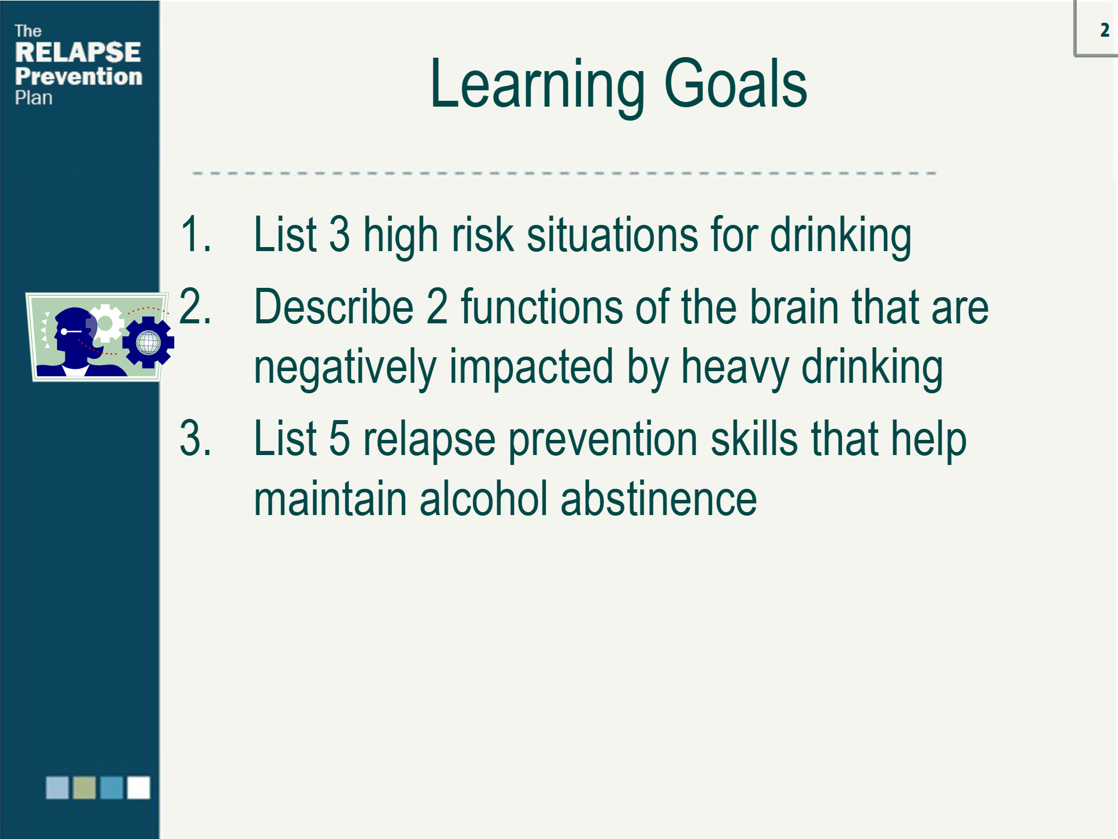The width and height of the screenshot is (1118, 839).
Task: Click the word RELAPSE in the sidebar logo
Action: coord(77,52)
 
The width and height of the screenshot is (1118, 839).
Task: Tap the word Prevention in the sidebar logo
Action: coord(79,76)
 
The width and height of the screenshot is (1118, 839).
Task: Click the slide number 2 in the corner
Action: coord(1105,30)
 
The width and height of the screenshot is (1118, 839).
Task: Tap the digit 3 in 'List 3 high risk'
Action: coord(340,234)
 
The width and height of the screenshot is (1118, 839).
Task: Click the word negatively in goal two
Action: coord(345,368)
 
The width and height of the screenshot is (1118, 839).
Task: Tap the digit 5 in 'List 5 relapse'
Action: coord(340,438)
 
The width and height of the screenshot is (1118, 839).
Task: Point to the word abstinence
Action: coord(659,499)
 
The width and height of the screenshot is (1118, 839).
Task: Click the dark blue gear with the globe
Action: coord(148,343)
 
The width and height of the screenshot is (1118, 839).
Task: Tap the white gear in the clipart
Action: coord(105,323)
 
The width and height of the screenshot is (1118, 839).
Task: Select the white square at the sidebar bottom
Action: coord(139,788)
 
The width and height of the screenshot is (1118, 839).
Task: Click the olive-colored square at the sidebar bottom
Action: coord(84,788)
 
